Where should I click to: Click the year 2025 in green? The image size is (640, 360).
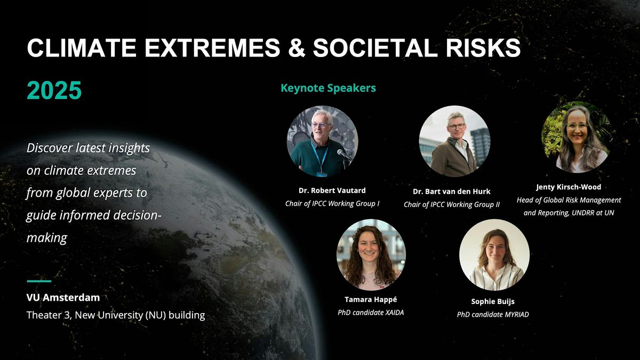click(54, 91)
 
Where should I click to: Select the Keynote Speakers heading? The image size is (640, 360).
click(328, 88)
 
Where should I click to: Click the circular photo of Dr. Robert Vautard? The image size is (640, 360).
click(322, 141)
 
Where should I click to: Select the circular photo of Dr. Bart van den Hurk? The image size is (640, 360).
click(455, 141)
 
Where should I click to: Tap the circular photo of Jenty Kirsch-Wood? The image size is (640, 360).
click(577, 137)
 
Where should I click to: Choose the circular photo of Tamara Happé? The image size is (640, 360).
click(371, 254)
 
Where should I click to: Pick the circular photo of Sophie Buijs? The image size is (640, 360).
click(494, 254)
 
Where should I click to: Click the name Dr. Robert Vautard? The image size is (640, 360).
click(332, 190)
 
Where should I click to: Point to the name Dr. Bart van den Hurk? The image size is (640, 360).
click(451, 191)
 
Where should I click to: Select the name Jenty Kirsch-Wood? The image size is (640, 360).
click(569, 187)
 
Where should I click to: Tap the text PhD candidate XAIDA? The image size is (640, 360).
click(371, 313)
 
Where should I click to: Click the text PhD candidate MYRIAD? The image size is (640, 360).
click(493, 314)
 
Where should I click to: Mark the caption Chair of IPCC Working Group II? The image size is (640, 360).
click(451, 205)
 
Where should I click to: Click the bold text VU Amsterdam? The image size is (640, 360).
click(63, 298)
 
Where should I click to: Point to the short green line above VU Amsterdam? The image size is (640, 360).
click(39, 281)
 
